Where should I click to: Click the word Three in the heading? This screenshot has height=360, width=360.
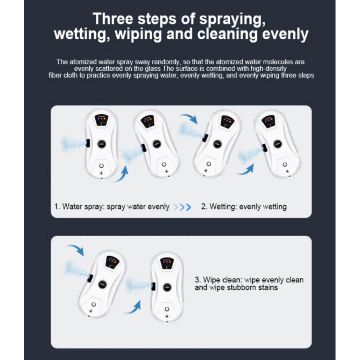point(113,19)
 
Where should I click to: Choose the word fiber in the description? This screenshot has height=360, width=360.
point(55,75)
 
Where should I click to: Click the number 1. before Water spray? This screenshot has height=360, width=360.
point(57,206)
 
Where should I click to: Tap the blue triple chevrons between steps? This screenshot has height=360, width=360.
point(182,207)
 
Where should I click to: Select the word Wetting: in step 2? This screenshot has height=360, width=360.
point(223,207)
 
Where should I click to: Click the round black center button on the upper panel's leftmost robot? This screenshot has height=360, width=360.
point(102,144)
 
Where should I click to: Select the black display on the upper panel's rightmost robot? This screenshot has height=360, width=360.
point(268,121)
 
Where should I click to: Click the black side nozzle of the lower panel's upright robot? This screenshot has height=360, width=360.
point(154,287)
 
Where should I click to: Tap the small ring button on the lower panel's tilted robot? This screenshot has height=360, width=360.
point(94,305)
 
